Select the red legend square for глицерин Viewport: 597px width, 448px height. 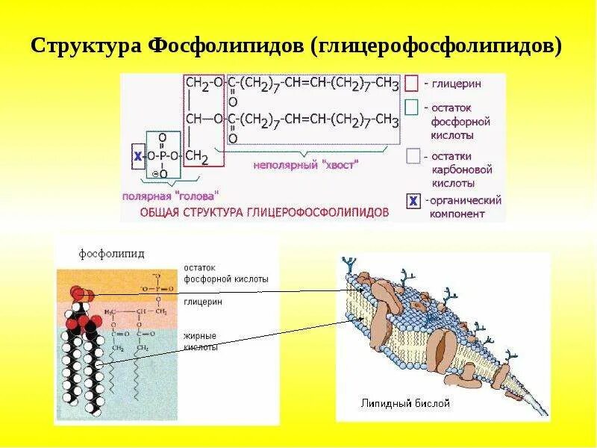tap(411, 83)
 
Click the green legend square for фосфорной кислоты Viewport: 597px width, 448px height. tap(411, 108)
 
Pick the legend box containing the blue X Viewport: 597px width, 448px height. tap(412, 201)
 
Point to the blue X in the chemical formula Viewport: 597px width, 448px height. tap(137, 155)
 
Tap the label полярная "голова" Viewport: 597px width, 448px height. tap(172, 196)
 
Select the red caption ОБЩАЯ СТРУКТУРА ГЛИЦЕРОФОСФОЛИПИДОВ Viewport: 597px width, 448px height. tap(265, 212)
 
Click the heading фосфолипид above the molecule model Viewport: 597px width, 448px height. tap(112, 255)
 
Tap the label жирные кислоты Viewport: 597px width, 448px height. tap(201, 342)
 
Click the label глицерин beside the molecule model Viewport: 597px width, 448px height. tap(202, 302)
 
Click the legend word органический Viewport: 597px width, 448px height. tap(464, 200)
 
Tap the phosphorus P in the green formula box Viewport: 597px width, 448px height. tap(163, 155)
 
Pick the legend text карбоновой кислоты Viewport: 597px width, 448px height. tap(453, 175)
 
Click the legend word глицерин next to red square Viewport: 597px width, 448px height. tap(456, 83)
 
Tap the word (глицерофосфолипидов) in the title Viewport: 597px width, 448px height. tap(436, 46)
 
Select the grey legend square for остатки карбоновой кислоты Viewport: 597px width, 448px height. tap(412, 157)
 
